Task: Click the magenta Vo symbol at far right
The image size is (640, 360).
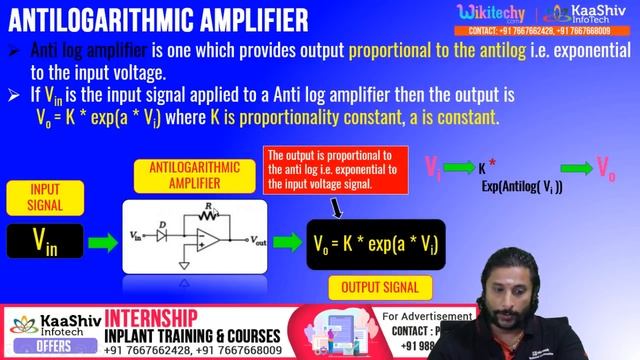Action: point(606,167)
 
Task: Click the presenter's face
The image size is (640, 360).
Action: point(512,276)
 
